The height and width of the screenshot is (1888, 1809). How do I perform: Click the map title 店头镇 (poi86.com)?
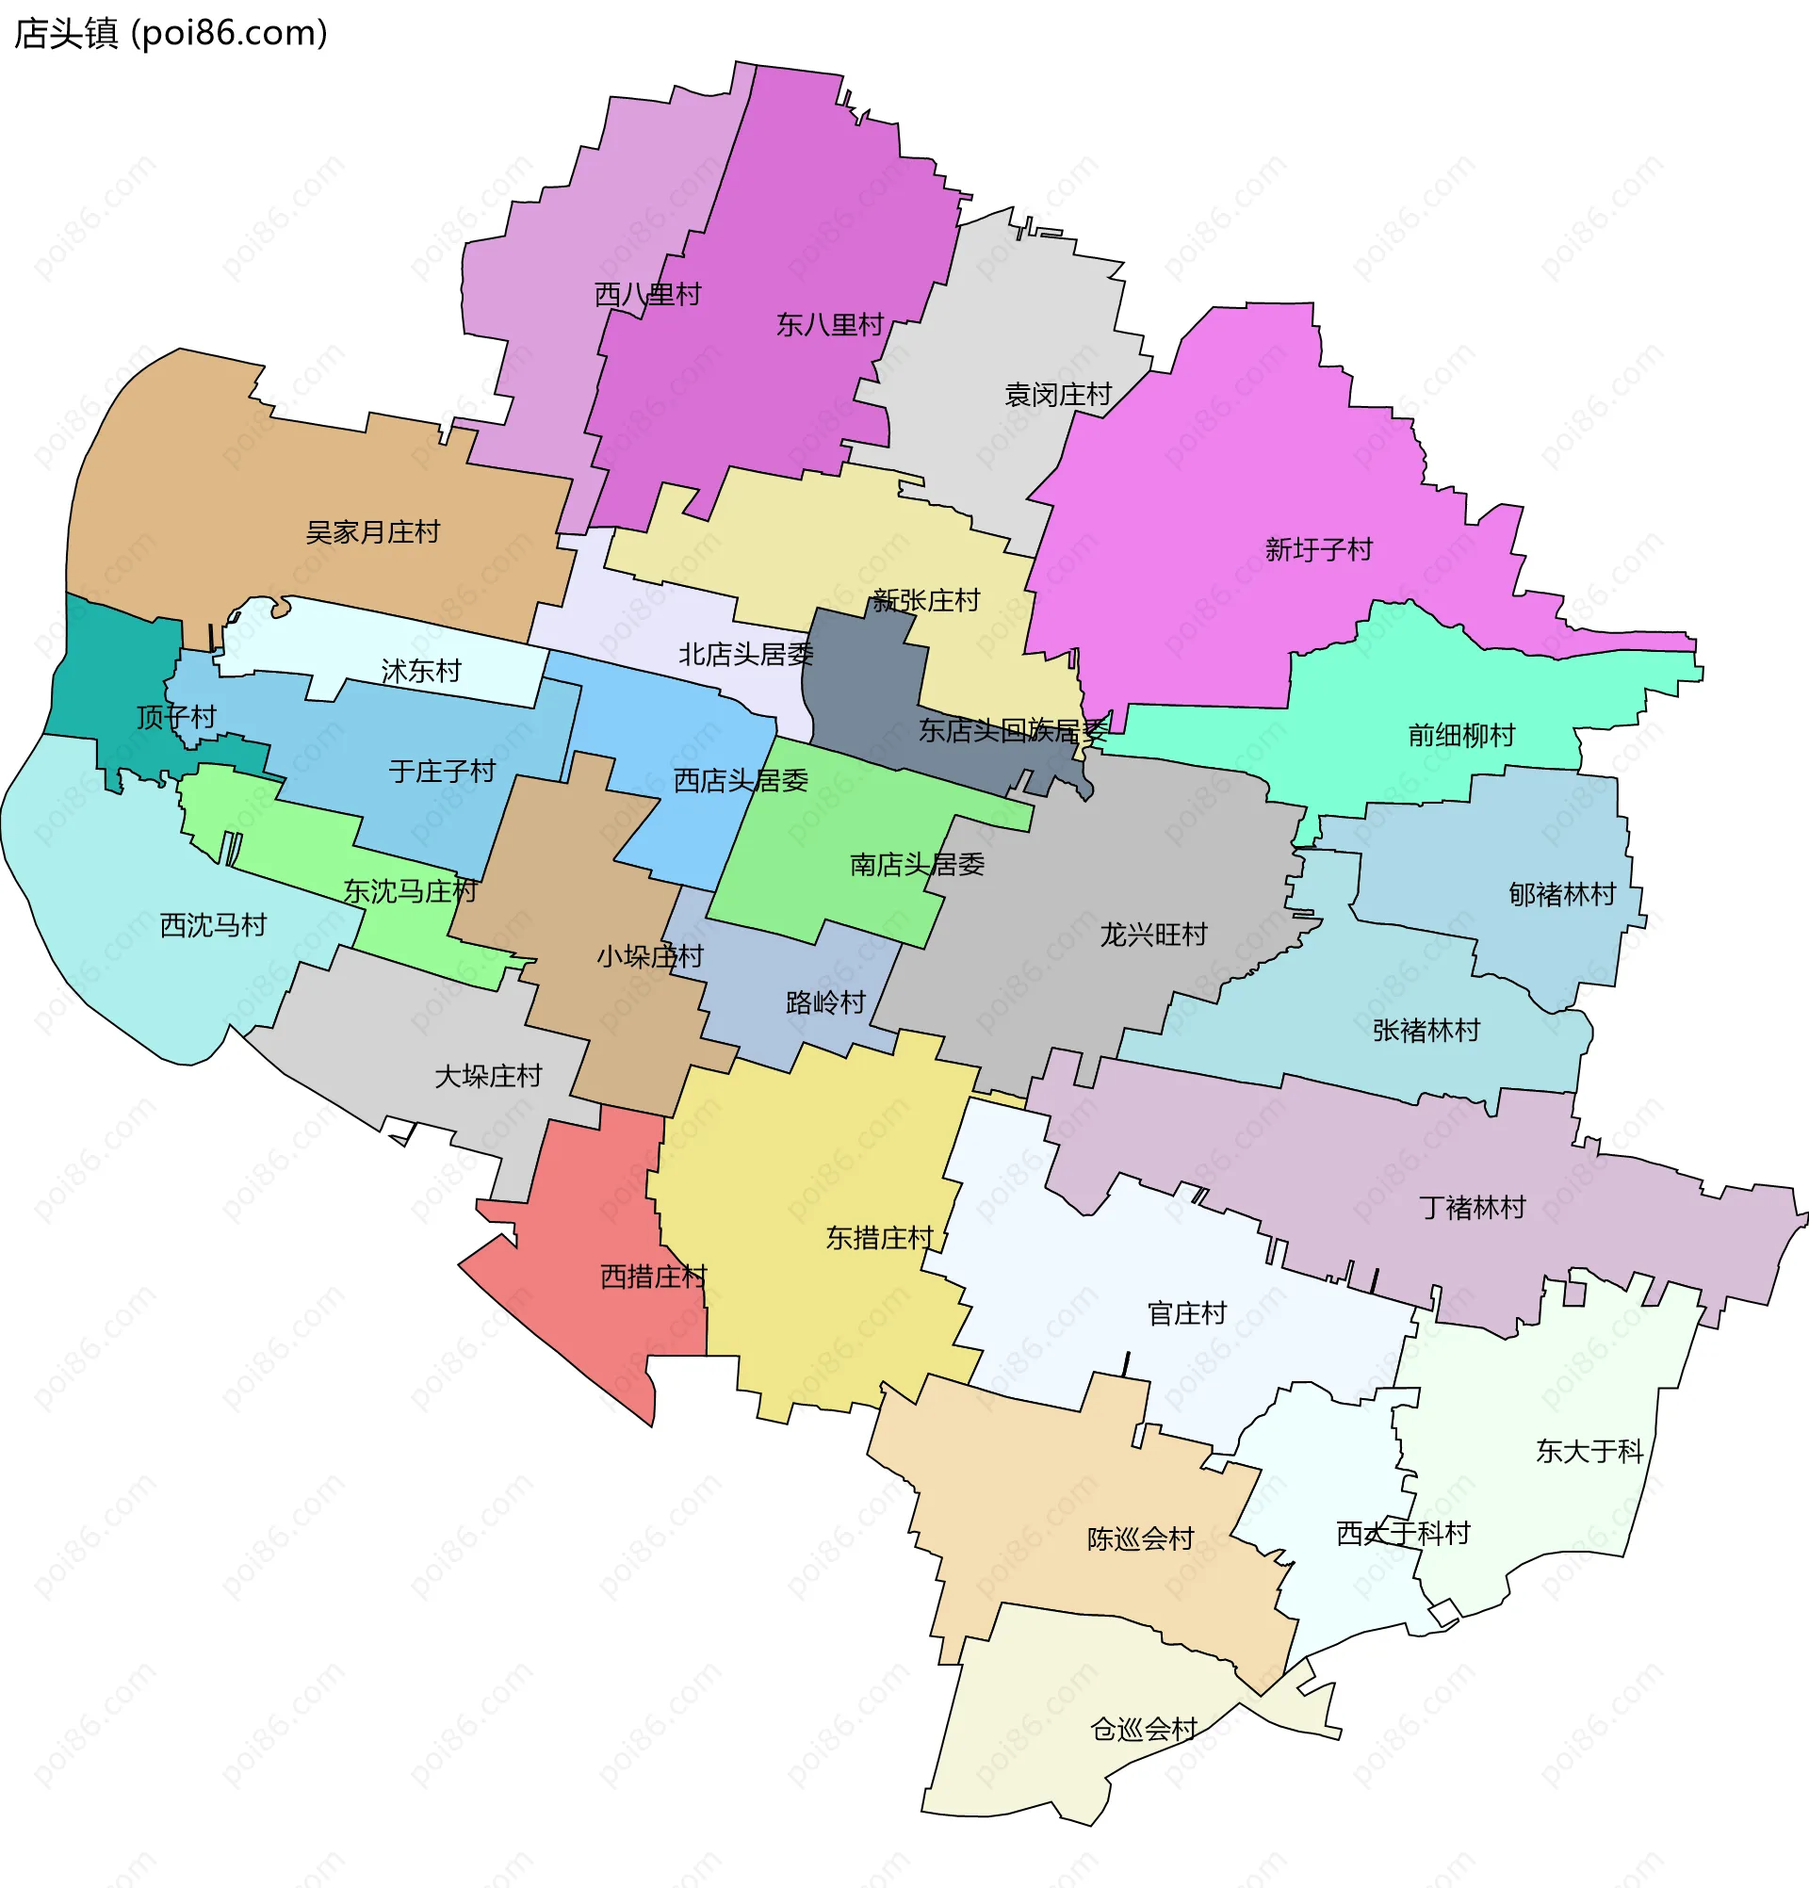(x=171, y=34)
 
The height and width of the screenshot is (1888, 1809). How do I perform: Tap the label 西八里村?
(x=647, y=295)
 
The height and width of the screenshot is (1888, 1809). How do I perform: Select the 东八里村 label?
(x=829, y=326)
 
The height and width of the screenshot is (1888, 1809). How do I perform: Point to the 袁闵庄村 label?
(x=1058, y=395)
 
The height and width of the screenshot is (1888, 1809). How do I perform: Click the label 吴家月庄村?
(x=373, y=532)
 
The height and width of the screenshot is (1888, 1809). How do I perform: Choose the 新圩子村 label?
(x=1318, y=550)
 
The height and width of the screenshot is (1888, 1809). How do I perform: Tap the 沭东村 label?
(x=421, y=672)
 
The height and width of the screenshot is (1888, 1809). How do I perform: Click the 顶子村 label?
(x=176, y=718)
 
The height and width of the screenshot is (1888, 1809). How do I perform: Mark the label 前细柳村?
(x=1461, y=736)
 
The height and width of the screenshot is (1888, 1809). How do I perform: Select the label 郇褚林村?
(x=1561, y=895)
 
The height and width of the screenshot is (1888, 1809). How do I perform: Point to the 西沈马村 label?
(x=213, y=926)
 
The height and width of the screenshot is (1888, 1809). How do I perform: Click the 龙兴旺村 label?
(x=1153, y=936)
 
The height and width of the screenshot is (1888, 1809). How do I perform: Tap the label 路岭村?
(x=825, y=1003)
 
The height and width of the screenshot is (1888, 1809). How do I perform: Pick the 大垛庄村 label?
(x=488, y=1077)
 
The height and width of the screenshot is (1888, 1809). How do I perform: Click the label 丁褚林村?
(x=1472, y=1208)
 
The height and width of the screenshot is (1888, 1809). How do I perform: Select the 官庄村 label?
(x=1187, y=1314)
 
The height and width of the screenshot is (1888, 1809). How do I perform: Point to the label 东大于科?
(x=1589, y=1452)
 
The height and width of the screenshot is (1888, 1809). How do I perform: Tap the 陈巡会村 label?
(x=1140, y=1539)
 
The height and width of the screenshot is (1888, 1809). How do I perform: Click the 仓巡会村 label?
(x=1144, y=1730)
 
